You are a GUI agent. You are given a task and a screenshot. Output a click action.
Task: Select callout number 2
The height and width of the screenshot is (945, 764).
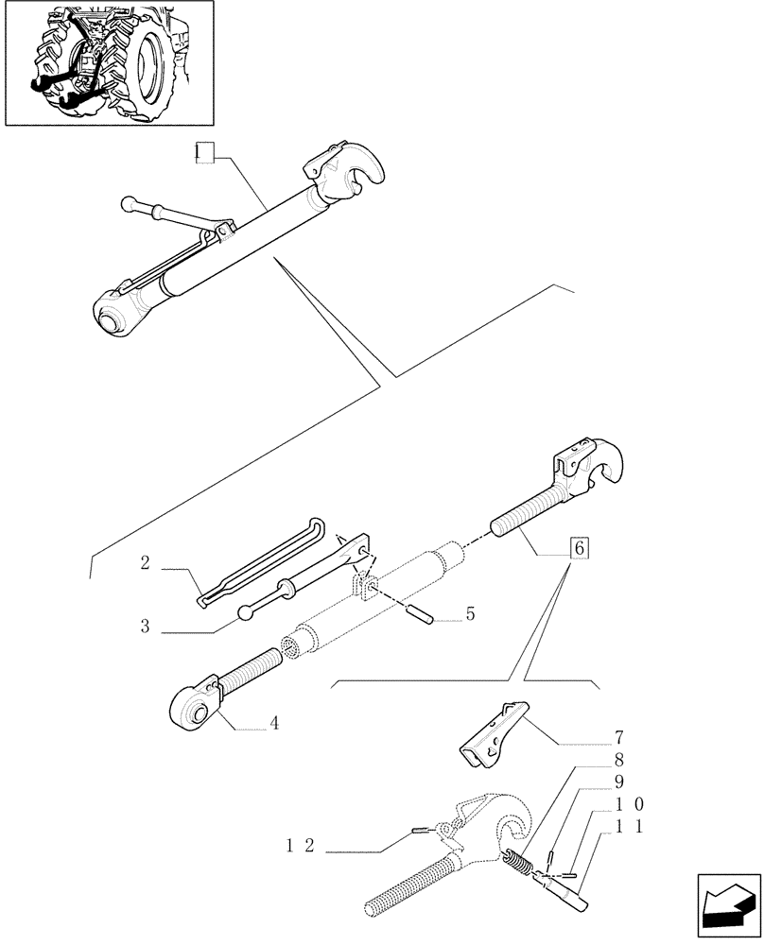click(145, 563)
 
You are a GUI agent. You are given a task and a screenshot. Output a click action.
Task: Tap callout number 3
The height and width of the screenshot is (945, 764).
click(145, 625)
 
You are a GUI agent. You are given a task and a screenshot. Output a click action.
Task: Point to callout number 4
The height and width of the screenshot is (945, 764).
click(273, 724)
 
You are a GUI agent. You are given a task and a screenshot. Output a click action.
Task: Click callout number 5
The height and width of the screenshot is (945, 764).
click(470, 614)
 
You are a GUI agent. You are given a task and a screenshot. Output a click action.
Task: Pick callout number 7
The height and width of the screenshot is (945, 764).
click(619, 737)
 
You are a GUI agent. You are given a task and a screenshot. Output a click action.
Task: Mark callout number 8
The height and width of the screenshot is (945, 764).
click(619, 759)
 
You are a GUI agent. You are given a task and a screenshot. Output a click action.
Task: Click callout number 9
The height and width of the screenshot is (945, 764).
click(619, 782)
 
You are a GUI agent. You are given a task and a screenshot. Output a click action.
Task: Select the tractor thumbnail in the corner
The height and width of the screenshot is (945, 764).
click(109, 63)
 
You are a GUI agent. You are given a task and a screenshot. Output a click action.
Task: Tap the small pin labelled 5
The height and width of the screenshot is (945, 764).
click(420, 615)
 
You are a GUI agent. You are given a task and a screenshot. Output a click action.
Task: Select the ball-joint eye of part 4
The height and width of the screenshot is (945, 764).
click(193, 705)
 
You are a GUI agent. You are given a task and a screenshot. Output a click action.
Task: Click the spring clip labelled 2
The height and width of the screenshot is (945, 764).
click(260, 563)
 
